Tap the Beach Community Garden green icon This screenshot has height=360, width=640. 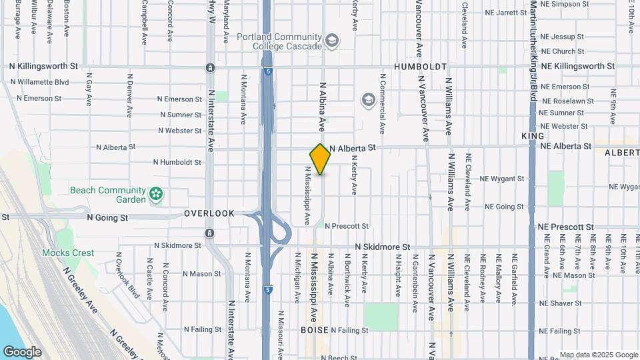tap(156, 195)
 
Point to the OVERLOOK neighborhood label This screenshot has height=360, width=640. tap(209, 213)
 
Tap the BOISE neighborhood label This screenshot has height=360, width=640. tap(315, 330)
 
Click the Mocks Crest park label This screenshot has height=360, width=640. tap(67, 253)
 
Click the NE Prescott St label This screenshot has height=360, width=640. tap(567, 227)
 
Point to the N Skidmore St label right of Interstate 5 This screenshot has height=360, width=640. tap(382, 247)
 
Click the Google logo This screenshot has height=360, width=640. tap(22, 352)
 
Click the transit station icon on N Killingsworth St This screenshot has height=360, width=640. tap(210, 68)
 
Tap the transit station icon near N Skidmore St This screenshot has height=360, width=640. tap(210, 233)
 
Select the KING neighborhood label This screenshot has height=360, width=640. tap(533, 136)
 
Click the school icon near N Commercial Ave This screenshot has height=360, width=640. tap(367, 101)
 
